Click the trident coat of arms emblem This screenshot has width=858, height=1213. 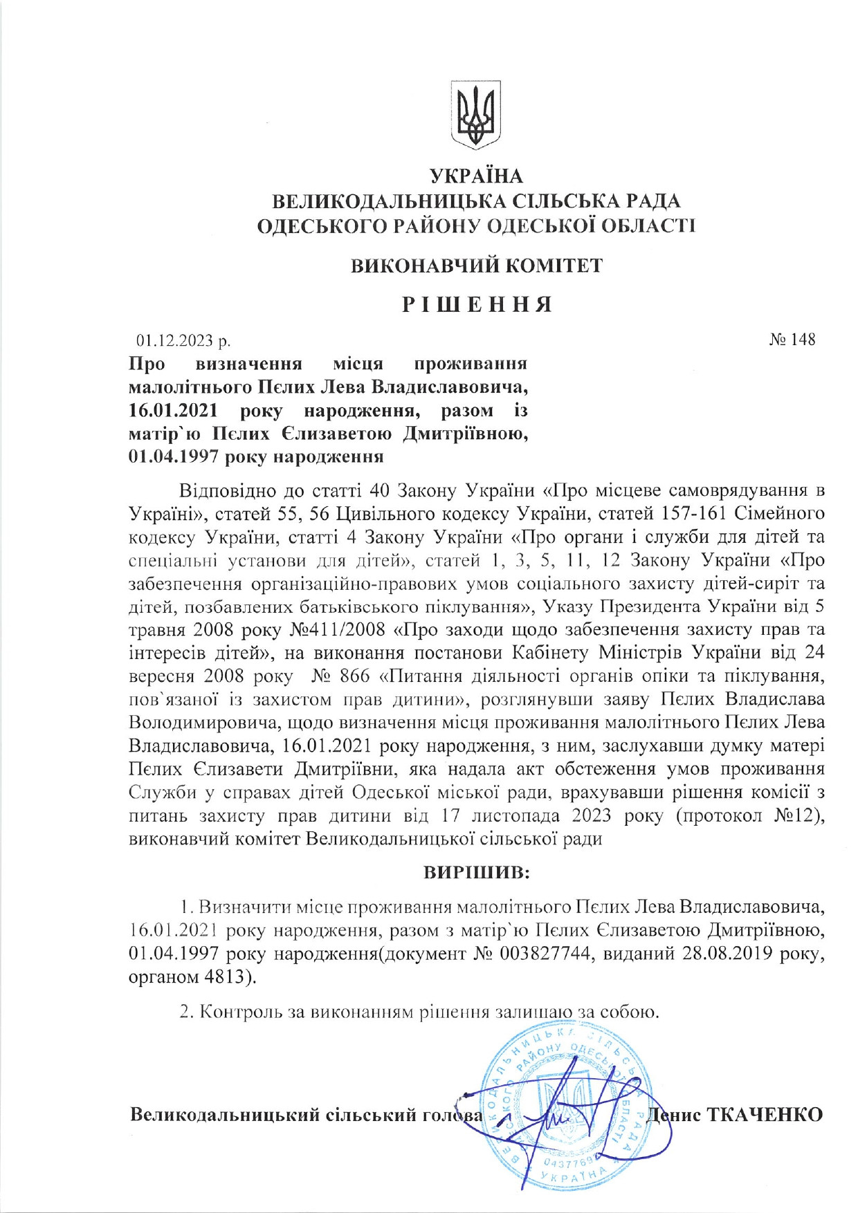pos(475,113)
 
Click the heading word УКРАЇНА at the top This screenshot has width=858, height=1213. pos(476,176)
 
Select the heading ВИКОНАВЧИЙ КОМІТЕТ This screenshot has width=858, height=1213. pos(476,266)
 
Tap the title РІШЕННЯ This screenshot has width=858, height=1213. pos(477,304)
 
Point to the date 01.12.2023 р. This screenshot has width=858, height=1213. pos(183,340)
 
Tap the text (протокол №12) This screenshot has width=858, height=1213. pos(750,816)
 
